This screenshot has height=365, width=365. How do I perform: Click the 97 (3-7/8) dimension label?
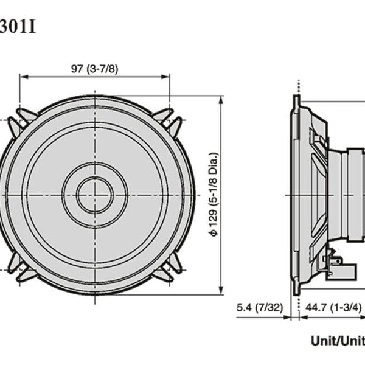click(94, 68)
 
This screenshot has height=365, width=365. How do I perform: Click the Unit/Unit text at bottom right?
click(337, 341)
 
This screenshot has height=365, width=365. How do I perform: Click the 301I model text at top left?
click(18, 27)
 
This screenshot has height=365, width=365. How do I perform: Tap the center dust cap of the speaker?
click(94, 195)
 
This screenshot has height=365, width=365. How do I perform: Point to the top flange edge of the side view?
click(296, 100)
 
